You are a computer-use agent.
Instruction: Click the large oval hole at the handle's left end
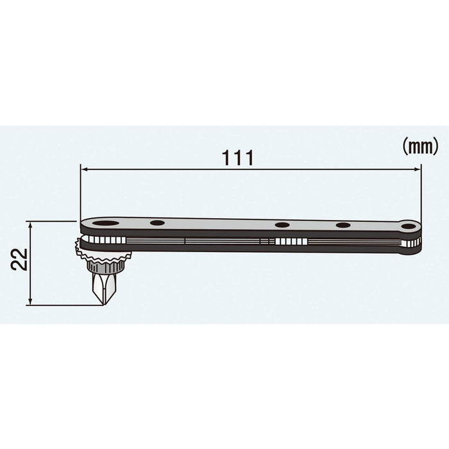[105, 224]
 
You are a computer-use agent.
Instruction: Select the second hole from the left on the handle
[157, 224]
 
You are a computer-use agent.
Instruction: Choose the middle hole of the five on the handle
[282, 225]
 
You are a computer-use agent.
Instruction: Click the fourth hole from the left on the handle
[343, 225]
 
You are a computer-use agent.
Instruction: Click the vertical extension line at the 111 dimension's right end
[421, 192]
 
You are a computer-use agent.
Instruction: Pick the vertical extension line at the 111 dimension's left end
[80, 192]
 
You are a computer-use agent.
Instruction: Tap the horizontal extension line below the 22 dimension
[64, 305]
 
